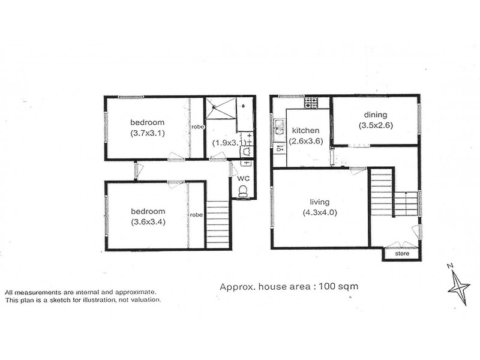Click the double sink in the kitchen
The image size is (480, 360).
tap(280, 127)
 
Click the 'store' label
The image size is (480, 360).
tap(401, 254)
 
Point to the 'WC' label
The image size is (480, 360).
tap(243, 178)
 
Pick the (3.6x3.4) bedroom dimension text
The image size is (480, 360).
tap(148, 221)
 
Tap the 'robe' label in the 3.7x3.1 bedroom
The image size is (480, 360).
tap(197, 127)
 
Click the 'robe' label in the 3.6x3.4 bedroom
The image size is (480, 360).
tap(196, 214)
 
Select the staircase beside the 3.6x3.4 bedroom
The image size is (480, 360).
tap(218, 224)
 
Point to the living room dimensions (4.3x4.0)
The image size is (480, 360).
tap(320, 212)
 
